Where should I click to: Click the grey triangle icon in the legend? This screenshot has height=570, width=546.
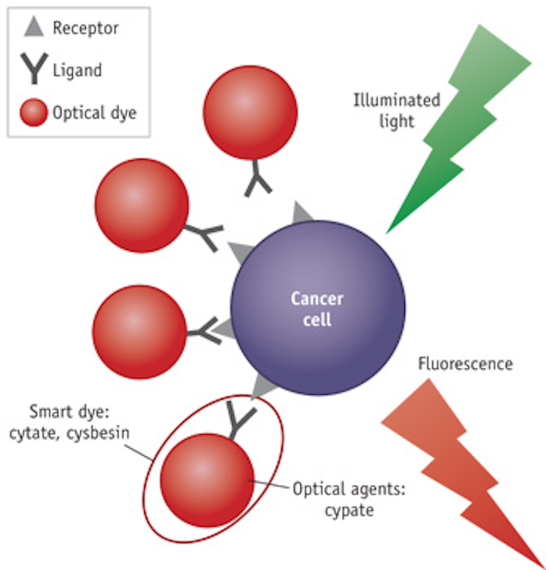point(32,29)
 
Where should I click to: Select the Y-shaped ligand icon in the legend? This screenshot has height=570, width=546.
point(32,70)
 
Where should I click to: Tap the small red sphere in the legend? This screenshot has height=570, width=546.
point(32,114)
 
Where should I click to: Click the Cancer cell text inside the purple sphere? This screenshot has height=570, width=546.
point(317,308)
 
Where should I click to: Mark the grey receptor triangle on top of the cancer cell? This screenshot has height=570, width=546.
point(303,213)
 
